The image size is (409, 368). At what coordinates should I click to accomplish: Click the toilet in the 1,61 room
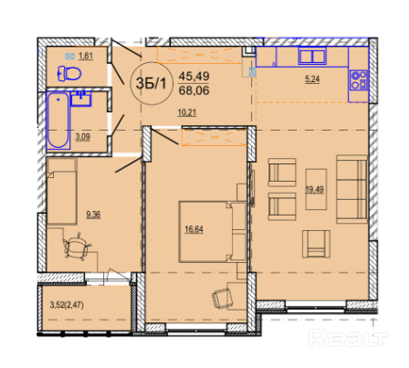[x=69, y=73]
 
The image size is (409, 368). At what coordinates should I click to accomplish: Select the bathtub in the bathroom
[x=58, y=121]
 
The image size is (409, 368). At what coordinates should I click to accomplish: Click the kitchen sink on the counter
[x=312, y=57]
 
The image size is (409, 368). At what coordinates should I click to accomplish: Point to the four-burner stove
[x=359, y=80]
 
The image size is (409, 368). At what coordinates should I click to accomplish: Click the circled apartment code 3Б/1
[x=151, y=83]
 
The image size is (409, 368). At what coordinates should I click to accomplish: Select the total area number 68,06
[x=194, y=90]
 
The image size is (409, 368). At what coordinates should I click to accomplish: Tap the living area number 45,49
[x=194, y=76]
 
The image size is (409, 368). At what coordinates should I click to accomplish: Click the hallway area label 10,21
[x=187, y=112]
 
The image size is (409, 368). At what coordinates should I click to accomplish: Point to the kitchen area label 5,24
[x=312, y=79]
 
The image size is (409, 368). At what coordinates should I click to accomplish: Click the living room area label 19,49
[x=315, y=189]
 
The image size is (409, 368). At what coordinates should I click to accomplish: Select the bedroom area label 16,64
[x=194, y=229]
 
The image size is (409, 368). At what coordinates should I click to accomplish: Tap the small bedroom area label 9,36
[x=93, y=215]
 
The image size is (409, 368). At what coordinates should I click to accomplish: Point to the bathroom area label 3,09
[x=83, y=137]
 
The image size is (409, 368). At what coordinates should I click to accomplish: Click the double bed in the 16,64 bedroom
[x=213, y=231]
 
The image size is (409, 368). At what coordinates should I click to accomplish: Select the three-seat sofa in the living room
[x=351, y=189]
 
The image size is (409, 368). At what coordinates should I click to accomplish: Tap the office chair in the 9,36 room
[x=77, y=247]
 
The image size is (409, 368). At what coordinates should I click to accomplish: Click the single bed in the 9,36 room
[x=61, y=191]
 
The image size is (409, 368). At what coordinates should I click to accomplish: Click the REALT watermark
[x=348, y=338]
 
